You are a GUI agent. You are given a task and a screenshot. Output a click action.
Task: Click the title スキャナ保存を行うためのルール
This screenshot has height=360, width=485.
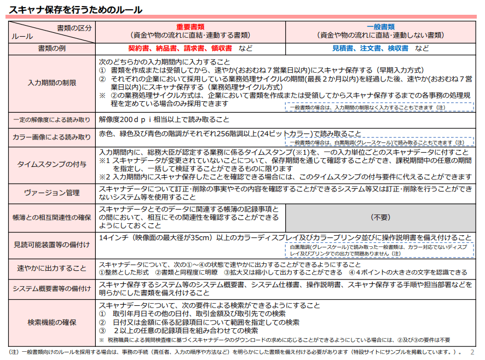tap(76, 9)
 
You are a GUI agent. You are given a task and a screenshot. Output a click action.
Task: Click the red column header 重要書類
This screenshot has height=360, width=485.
tap(190, 27)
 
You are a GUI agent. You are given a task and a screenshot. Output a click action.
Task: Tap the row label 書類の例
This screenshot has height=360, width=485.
tap(52, 48)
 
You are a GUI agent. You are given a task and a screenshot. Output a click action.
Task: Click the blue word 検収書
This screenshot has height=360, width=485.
tap(398, 48)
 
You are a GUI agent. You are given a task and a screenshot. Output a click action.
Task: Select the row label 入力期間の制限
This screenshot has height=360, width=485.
tap(52, 83)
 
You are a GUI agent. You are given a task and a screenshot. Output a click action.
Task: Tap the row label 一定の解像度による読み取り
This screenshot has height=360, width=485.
tap(52, 119)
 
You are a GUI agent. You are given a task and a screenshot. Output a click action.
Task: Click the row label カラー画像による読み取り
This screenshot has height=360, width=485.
tap(52, 137)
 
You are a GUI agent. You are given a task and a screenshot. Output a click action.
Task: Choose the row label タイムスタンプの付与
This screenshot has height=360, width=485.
tap(52, 165)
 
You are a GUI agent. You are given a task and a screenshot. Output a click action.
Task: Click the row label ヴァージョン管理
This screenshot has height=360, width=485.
tap(52, 193)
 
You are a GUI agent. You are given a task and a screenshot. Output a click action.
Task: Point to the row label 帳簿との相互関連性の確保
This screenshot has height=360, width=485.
tap(52, 217)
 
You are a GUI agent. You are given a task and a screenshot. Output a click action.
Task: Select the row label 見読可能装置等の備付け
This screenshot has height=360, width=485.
tap(52, 244)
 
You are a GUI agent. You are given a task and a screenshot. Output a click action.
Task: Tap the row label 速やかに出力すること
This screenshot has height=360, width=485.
tap(52, 268)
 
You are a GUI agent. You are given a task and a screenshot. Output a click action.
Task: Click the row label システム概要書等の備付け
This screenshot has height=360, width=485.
tap(52, 288)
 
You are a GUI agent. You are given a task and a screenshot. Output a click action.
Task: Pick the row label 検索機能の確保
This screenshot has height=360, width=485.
tap(52, 322)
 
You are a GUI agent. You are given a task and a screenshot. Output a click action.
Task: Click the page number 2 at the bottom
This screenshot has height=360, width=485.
tap(472, 352)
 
